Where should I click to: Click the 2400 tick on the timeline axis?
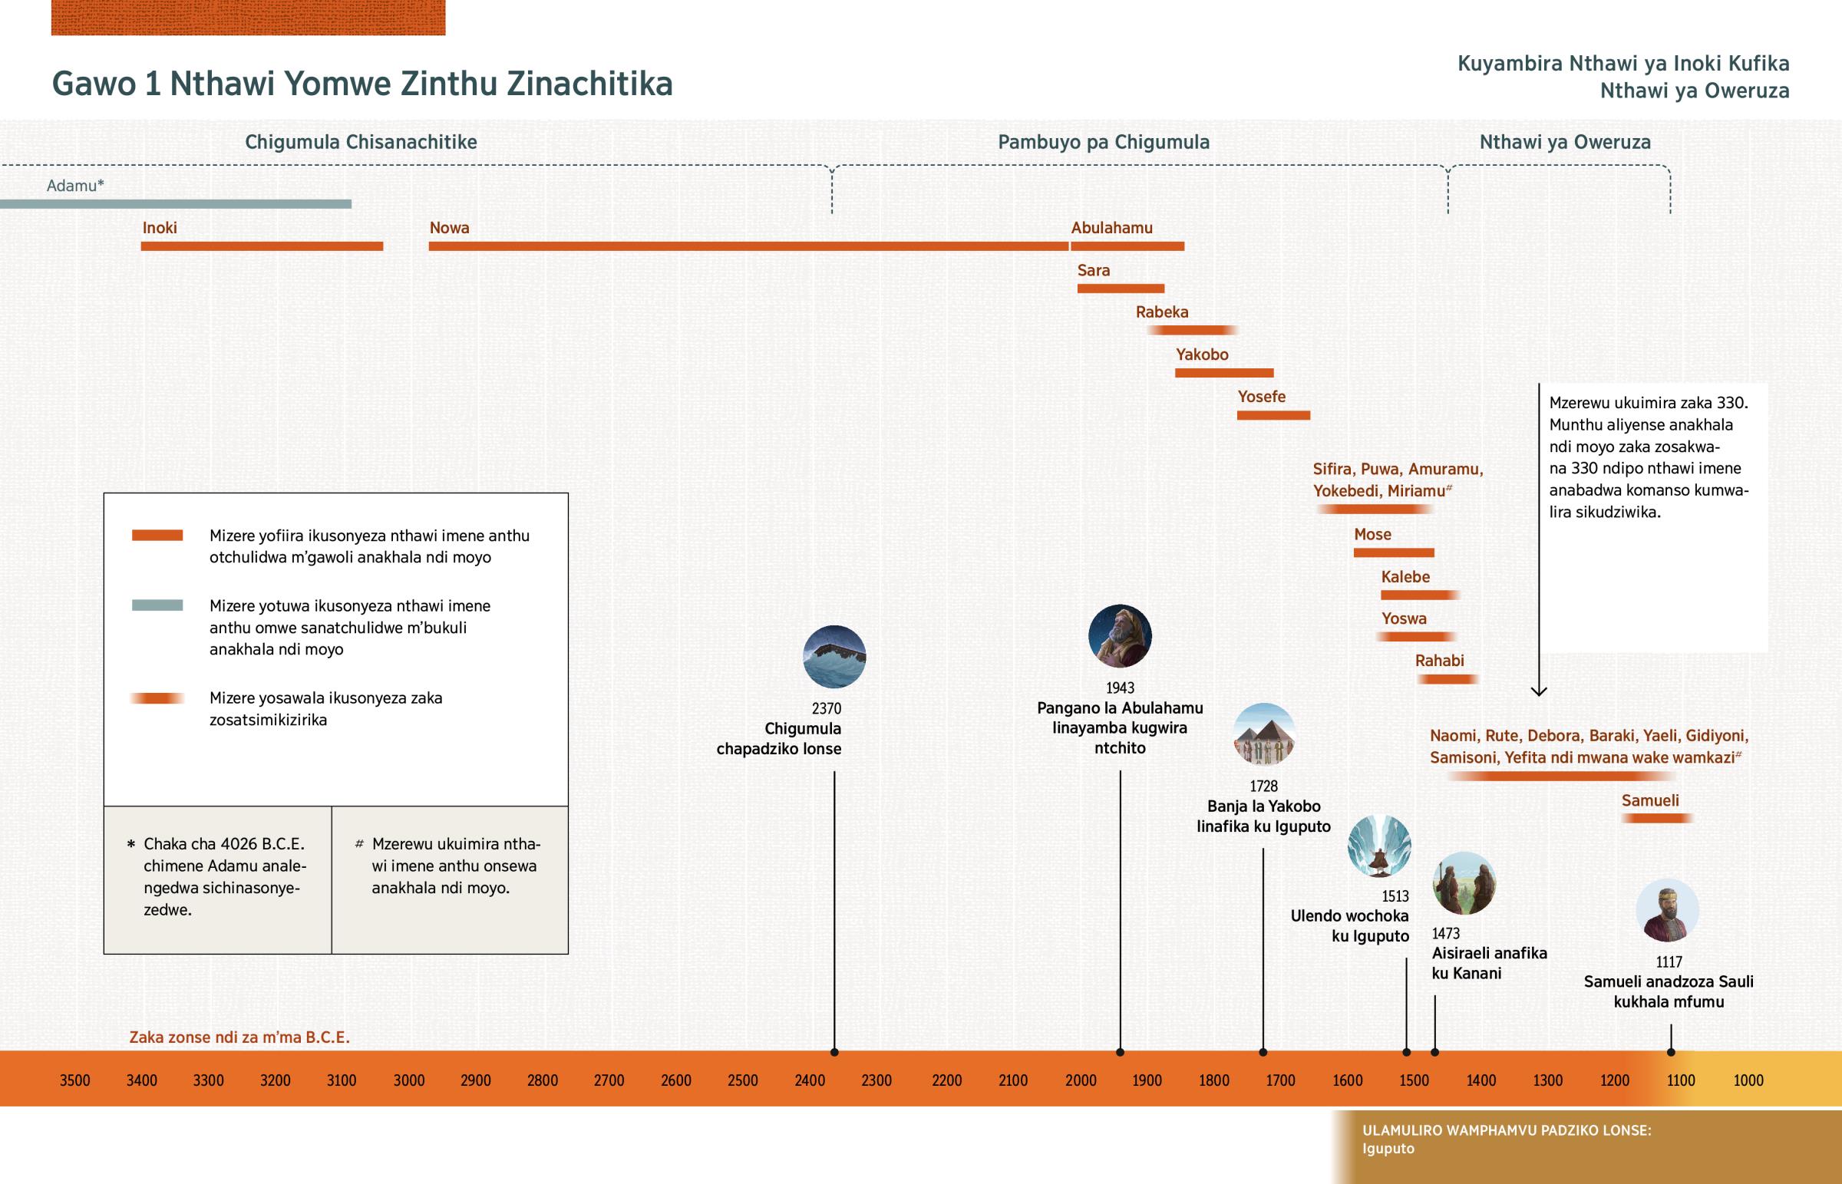pyautogui.click(x=810, y=1080)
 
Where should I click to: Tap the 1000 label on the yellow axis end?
pyautogui.click(x=1748, y=1080)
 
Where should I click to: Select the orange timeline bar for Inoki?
pyautogui.click(x=262, y=246)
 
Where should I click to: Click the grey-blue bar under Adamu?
pyautogui.click(x=175, y=204)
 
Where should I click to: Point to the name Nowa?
pyautogui.click(x=449, y=228)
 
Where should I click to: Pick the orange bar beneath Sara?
pyautogui.click(x=1120, y=289)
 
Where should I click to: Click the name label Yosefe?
pyautogui.click(x=1261, y=397)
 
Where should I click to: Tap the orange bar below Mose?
pyautogui.click(x=1393, y=552)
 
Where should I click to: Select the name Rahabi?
pyautogui.click(x=1439, y=661)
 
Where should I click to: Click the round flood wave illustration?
pyautogui.click(x=834, y=657)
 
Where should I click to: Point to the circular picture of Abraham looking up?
pyautogui.click(x=1119, y=636)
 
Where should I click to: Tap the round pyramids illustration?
pyautogui.click(x=1264, y=734)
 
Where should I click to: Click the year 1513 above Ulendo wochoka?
pyautogui.click(x=1395, y=896)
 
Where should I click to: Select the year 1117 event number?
pyautogui.click(x=1669, y=961)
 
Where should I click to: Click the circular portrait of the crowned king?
pyautogui.click(x=1667, y=910)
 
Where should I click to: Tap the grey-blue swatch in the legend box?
pyautogui.click(x=157, y=605)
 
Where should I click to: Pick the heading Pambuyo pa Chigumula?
pyautogui.click(x=1103, y=142)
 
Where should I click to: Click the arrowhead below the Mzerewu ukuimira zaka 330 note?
pyautogui.click(x=1538, y=691)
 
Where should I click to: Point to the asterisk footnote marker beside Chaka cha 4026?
pyautogui.click(x=130, y=844)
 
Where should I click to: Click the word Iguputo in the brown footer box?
pyautogui.click(x=1388, y=1149)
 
